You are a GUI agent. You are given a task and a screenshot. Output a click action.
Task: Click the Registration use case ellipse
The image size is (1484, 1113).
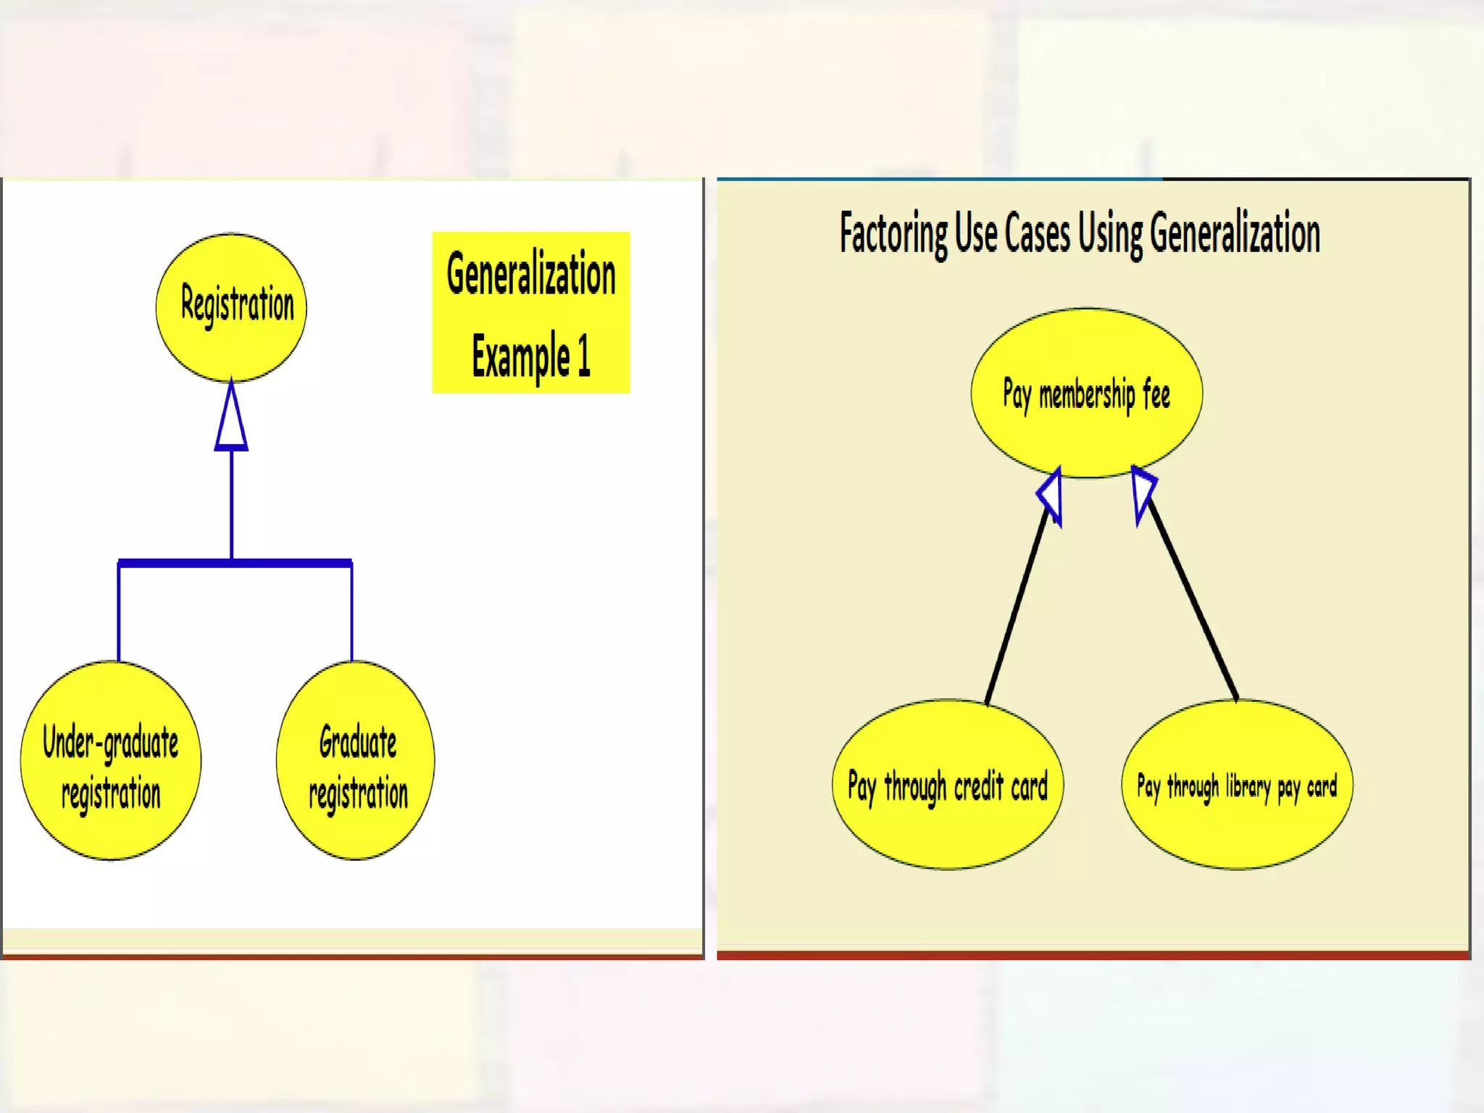(231, 307)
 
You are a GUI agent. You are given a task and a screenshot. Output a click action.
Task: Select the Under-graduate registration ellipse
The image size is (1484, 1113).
(111, 761)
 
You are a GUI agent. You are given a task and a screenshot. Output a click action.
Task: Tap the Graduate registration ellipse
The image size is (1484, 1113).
(356, 761)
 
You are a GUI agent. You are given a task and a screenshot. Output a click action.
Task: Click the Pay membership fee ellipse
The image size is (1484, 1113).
(1086, 393)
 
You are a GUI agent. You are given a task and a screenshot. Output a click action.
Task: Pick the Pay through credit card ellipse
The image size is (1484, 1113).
(947, 785)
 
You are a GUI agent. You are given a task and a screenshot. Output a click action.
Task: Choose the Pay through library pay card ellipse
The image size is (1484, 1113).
(1237, 785)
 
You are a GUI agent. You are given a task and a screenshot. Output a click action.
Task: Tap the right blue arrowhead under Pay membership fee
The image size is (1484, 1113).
(1143, 492)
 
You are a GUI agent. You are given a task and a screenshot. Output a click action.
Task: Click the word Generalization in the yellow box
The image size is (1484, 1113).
(531, 275)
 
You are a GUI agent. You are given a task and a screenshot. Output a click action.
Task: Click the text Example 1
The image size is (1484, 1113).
(531, 356)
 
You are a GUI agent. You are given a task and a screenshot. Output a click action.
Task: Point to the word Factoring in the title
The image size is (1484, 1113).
(893, 233)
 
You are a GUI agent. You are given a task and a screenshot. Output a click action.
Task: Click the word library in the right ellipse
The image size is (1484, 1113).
(1248, 785)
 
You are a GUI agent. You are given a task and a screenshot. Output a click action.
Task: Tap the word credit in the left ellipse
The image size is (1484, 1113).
(978, 786)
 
